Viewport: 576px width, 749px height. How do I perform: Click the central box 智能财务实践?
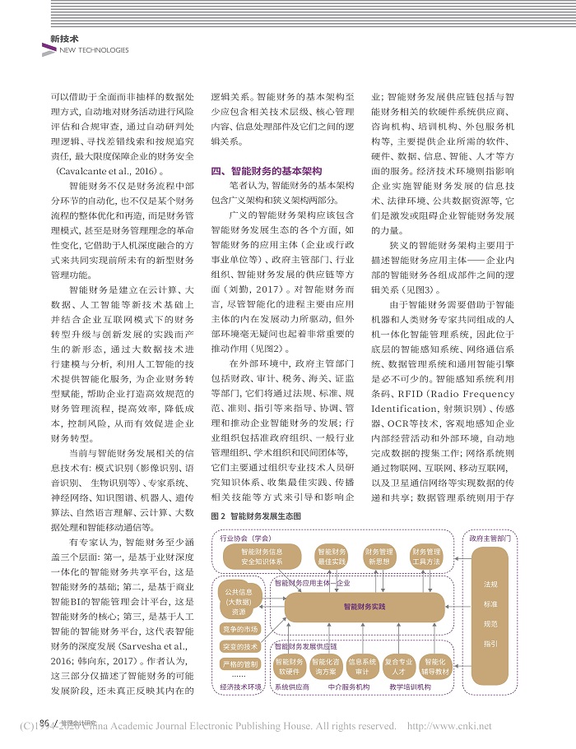[365, 607]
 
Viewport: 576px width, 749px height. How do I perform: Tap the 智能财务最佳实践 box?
[332, 557]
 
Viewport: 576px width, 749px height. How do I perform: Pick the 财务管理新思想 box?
[379, 557]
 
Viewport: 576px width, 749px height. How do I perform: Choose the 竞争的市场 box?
[239, 629]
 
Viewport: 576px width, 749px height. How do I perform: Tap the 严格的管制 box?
[239, 663]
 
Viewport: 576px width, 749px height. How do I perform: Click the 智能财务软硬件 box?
[290, 665]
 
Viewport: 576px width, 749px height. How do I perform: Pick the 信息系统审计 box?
[362, 665]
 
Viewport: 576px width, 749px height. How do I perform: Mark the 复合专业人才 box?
[399, 665]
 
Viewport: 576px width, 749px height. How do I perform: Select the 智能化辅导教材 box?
[436, 665]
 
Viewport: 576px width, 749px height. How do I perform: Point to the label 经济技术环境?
[240, 686]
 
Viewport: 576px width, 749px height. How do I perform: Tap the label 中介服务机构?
[346, 686]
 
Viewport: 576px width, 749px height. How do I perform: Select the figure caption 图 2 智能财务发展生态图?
[257, 516]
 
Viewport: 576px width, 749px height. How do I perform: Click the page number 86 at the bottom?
[45, 722]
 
